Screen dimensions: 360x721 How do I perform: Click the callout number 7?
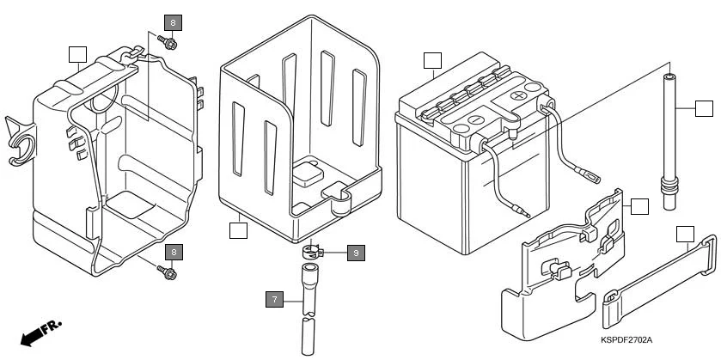(274, 299)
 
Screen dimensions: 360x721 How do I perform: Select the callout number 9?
(357, 253)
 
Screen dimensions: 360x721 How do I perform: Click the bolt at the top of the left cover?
(170, 42)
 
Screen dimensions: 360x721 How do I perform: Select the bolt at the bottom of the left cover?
(168, 272)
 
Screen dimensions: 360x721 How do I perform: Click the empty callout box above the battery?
(432, 60)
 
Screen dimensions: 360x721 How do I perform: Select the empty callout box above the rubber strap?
(684, 233)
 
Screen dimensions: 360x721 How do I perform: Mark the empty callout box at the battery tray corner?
(238, 229)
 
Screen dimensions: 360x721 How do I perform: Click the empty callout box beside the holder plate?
(639, 206)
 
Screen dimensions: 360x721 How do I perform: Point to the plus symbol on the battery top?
(517, 95)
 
